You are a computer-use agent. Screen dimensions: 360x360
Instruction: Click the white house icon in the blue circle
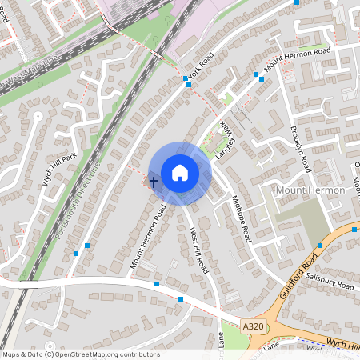coord(179,172)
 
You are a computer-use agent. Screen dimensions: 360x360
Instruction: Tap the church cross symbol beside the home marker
coord(154,183)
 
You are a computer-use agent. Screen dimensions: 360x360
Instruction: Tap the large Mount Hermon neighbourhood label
coord(309,190)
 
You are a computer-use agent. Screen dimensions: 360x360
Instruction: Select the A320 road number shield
coord(251,326)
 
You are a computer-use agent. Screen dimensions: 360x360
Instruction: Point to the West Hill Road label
coord(198,249)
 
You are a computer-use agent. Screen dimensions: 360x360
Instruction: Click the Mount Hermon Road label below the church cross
coord(147,236)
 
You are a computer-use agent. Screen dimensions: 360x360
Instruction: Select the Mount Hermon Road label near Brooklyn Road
coord(298,58)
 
